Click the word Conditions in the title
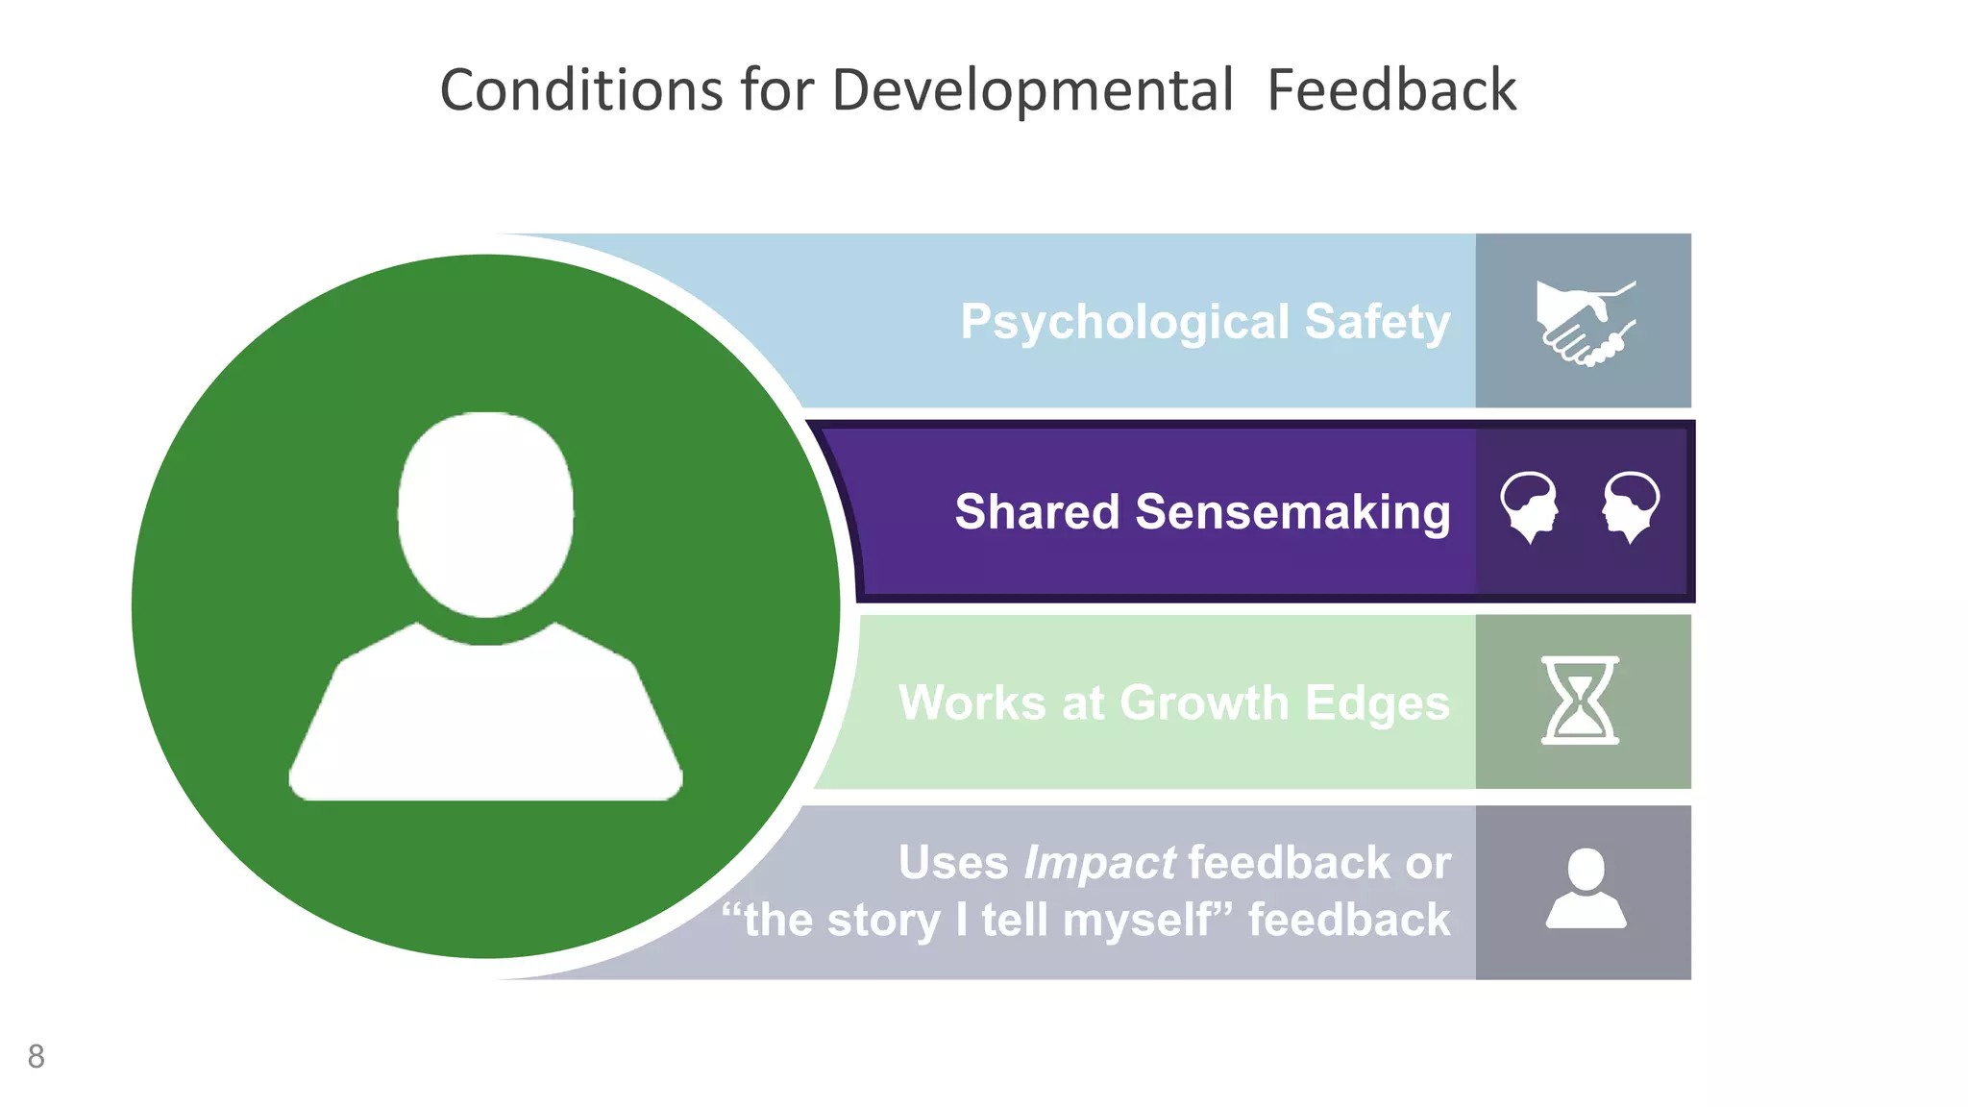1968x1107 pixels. pos(580,91)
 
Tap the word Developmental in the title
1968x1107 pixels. pos(1032,91)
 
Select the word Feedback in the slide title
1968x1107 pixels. pos(1390,91)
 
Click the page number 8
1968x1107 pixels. pos(37,1056)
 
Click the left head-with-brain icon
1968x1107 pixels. pos(1529,505)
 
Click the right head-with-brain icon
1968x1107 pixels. pos(1631,505)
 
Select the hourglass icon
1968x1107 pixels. pos(1581,701)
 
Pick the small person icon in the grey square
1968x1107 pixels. pos(1586,889)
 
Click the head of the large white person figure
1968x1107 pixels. pos(486,513)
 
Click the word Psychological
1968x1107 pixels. pos(1124,322)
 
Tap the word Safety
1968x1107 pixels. pos(1377,322)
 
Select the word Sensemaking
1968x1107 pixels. pos(1292,512)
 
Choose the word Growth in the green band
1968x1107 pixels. pos(1204,703)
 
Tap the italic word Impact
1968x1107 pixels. pos(1099,863)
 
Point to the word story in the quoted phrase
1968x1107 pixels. pos(883,921)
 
